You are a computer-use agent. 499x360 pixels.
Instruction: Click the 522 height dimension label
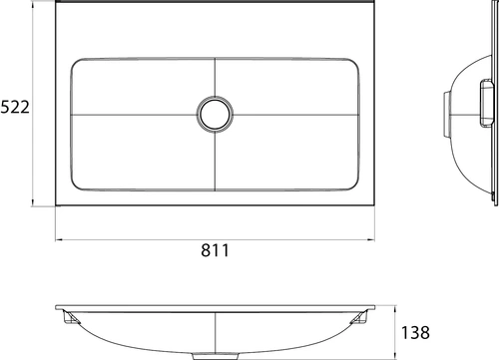tap(15, 107)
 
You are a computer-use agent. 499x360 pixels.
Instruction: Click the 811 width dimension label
tap(215, 250)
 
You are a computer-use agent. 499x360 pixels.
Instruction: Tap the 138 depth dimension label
tap(415, 332)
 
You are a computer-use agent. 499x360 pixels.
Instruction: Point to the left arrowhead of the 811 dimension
tap(59, 239)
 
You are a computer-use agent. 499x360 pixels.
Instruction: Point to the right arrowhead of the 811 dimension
tap(370, 239)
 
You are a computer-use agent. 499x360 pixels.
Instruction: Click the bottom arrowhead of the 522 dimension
tap(33, 202)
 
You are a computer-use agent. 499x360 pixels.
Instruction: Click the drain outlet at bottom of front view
tap(216, 356)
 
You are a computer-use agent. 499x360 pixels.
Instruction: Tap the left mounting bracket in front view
tap(71, 317)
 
